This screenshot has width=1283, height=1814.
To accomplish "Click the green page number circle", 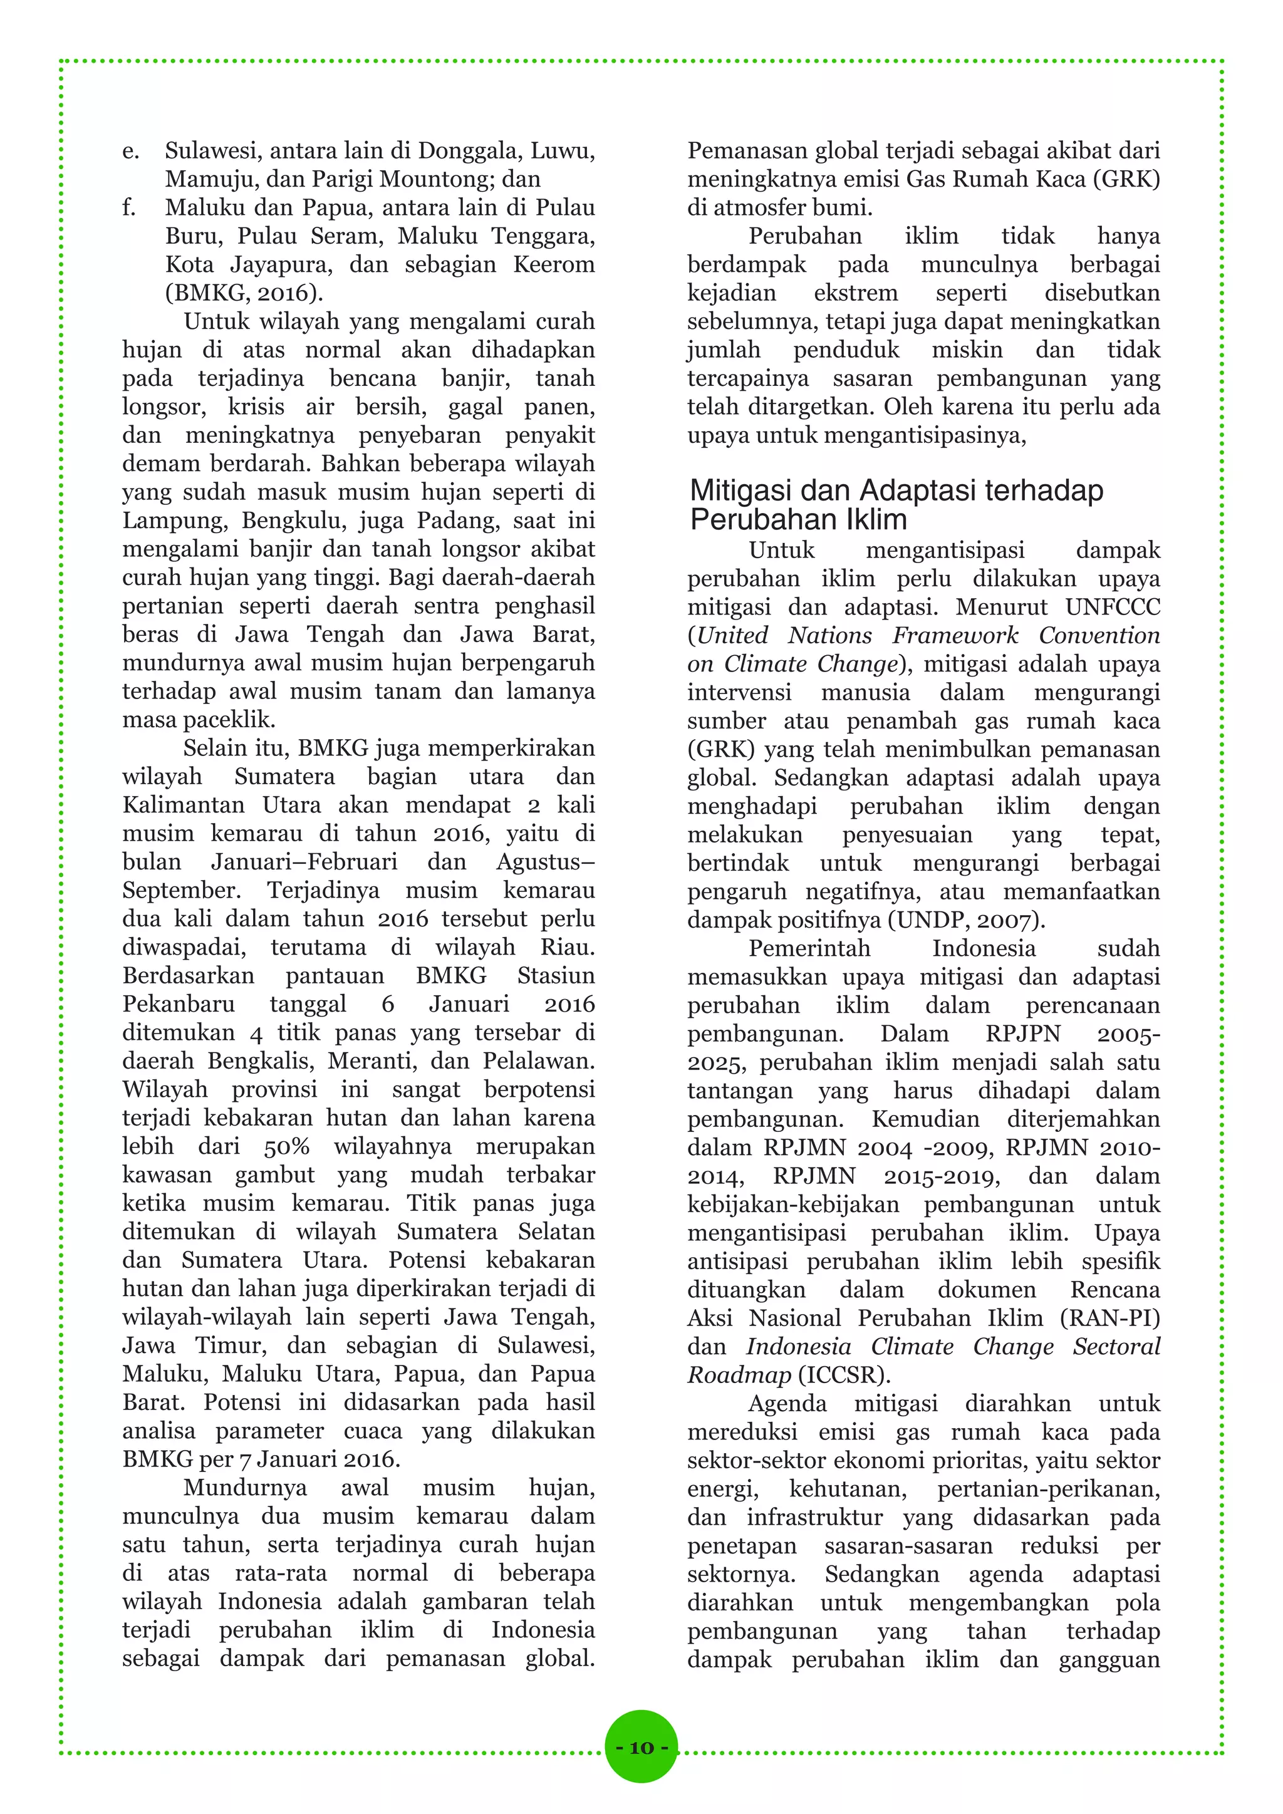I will [641, 1747].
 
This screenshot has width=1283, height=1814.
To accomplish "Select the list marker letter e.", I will [130, 151].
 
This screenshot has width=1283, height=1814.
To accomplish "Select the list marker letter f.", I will [129, 208].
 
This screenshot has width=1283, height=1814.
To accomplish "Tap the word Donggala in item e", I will [469, 150].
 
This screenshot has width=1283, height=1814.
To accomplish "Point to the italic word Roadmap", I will [739, 1376].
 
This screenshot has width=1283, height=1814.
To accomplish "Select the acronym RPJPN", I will [1023, 1034].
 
